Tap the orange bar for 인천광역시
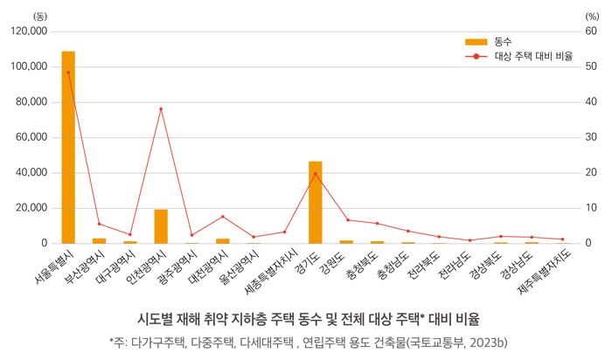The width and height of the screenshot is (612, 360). [161, 226]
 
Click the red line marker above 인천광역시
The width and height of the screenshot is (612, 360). [161, 109]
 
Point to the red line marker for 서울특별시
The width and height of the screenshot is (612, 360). [68, 73]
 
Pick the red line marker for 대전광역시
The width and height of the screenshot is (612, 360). [223, 217]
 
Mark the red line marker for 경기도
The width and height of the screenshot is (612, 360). [316, 174]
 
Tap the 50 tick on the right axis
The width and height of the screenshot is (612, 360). [591, 66]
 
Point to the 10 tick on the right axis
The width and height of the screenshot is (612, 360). [591, 208]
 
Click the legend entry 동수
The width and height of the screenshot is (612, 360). [502, 41]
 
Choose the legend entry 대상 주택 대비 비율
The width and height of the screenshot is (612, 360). [532, 56]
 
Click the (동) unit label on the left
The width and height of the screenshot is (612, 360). [40, 16]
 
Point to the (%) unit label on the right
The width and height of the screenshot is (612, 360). [592, 16]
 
